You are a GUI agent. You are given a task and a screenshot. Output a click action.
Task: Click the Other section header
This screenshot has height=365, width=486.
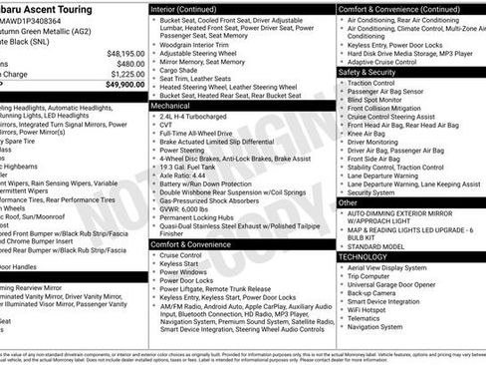pyautogui.click(x=348, y=202)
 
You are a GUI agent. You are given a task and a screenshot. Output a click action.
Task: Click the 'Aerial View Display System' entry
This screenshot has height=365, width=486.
pyautogui.click(x=394, y=267)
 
